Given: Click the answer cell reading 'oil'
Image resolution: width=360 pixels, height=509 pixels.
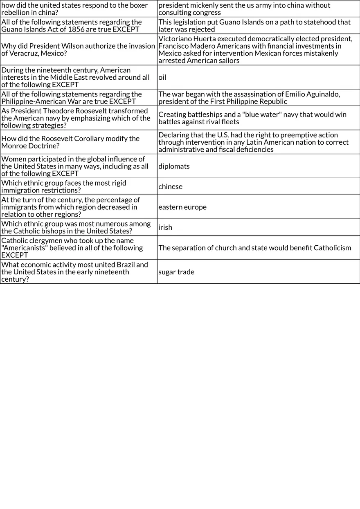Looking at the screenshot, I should (162, 77).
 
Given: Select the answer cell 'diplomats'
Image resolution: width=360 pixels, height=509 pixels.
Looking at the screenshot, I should (174, 166).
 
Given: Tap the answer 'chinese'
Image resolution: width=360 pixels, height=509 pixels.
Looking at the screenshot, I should (170, 187).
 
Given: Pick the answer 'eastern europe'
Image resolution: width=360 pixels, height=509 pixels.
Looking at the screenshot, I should (182, 207).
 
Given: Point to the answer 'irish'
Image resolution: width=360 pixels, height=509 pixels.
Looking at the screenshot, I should (165, 227).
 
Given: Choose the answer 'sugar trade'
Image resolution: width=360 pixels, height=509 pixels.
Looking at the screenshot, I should (176, 272).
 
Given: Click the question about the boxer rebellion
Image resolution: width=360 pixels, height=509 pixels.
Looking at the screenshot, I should (74, 9).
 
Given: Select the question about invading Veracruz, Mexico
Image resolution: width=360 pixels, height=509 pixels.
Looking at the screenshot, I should (78, 50).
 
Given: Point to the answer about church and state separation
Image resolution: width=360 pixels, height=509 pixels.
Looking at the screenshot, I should (254, 248).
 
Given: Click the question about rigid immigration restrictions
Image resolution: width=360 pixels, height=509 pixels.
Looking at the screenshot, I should (63, 187).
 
